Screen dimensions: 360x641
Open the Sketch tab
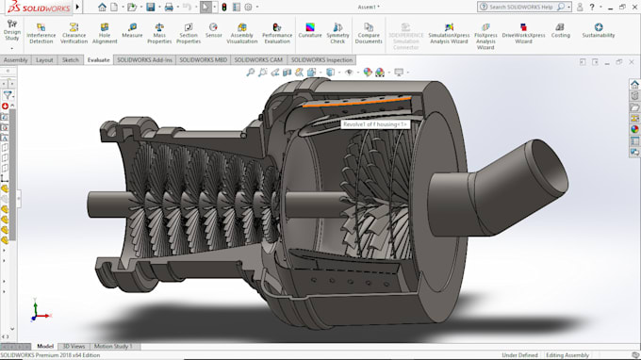pos(71,59)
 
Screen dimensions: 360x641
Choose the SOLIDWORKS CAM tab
pos(259,59)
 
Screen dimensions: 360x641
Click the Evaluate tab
pos(98,59)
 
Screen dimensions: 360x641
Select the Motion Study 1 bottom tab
pos(113,346)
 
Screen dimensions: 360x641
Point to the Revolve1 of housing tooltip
pos(374,123)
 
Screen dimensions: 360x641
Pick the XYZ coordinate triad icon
pos(36,309)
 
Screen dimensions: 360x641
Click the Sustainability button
pos(598,30)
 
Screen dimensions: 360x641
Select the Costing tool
pos(560,30)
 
